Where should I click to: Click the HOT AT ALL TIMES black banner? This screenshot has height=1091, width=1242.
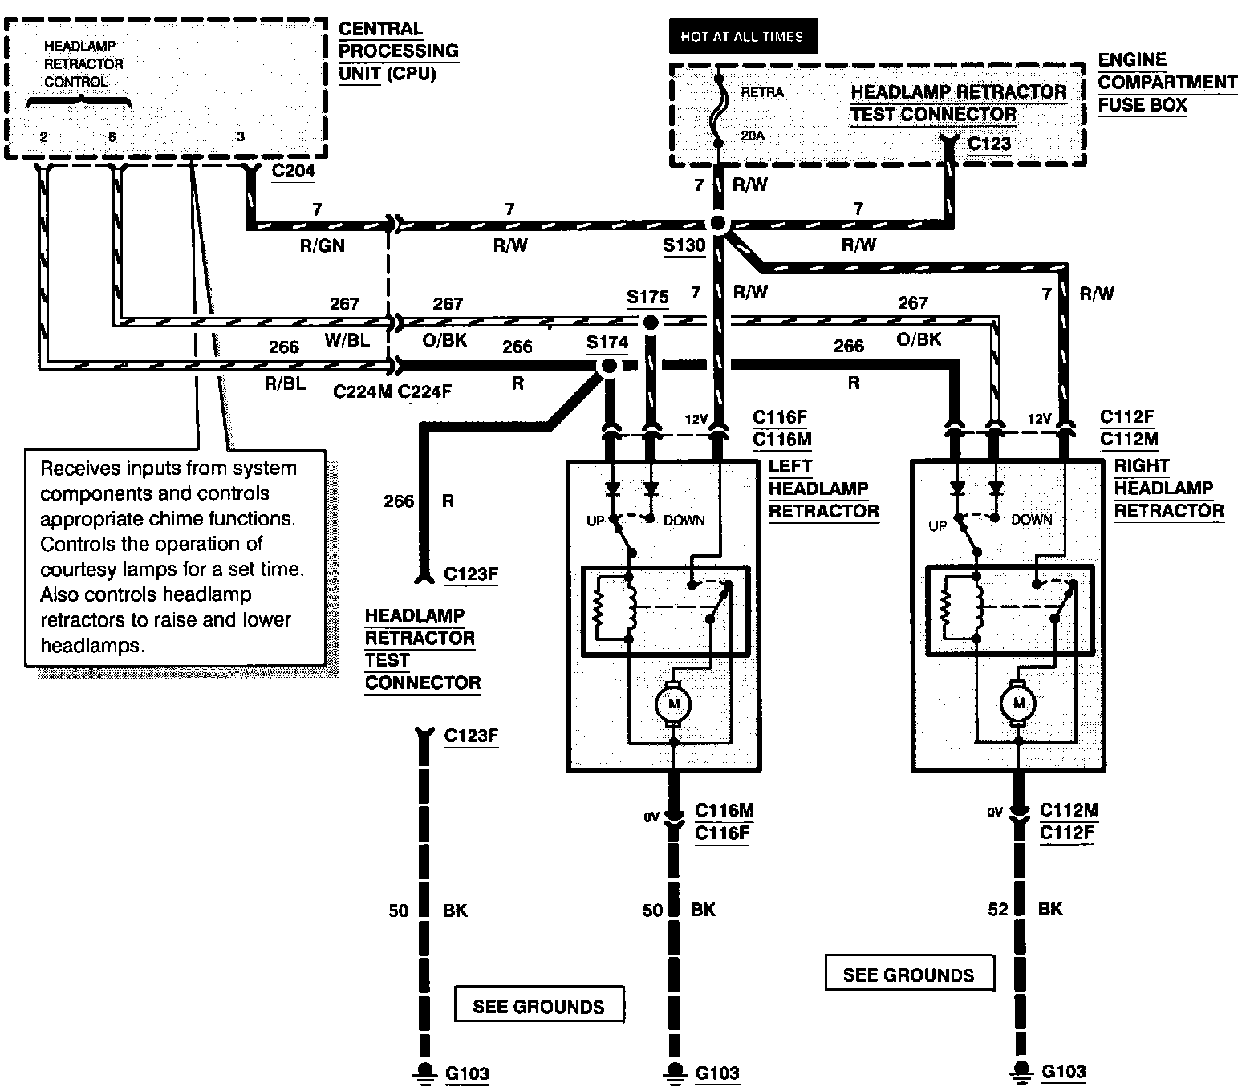tap(742, 36)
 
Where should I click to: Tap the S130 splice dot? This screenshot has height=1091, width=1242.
tap(718, 223)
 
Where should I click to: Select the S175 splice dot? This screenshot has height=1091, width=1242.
tap(651, 322)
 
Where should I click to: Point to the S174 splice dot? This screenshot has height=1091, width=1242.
tap(609, 367)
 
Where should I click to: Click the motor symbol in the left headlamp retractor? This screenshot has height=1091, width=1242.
tap(673, 704)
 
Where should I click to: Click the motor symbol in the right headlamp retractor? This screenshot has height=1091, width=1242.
tap(1018, 703)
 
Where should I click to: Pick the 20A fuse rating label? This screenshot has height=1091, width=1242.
tap(753, 136)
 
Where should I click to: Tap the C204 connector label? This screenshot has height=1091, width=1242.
tap(293, 171)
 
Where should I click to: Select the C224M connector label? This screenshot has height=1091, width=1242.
tap(363, 391)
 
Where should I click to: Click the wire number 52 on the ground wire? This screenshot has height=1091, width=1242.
tap(998, 909)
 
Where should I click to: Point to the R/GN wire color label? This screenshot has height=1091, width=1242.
tap(323, 245)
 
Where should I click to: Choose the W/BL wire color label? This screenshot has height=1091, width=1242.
tap(347, 340)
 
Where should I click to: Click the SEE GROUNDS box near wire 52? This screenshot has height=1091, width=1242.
tap(909, 973)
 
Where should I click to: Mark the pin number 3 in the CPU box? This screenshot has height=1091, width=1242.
tap(241, 136)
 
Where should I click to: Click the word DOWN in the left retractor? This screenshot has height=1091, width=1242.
tap(684, 521)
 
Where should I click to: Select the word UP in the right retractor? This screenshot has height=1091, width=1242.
tap(937, 526)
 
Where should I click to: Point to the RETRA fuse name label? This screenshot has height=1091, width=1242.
tap(762, 92)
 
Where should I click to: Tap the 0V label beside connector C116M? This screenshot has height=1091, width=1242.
tap(651, 817)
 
